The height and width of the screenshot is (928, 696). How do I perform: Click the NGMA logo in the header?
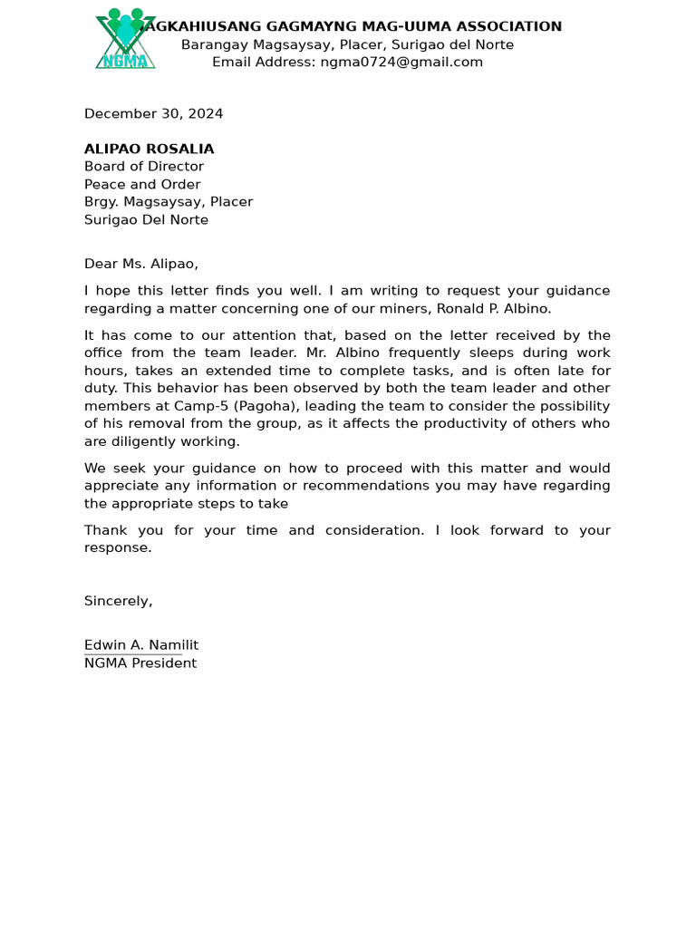(125, 41)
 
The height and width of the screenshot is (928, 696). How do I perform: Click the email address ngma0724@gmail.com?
(401, 63)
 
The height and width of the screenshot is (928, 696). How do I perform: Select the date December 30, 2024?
(153, 114)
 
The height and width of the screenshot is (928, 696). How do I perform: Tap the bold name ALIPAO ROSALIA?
(149, 150)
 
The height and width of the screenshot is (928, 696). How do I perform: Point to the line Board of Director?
(143, 167)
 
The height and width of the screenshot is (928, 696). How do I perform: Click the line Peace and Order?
(142, 185)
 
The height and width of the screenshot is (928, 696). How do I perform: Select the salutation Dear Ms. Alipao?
(140, 265)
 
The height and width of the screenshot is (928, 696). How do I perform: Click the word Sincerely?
(118, 602)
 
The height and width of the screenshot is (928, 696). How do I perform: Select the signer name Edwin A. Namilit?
(140, 645)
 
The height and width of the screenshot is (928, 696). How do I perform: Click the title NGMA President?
(140, 663)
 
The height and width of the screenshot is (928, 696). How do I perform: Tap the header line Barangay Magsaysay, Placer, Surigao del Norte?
(347, 45)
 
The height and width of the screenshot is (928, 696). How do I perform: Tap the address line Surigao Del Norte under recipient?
(146, 220)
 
